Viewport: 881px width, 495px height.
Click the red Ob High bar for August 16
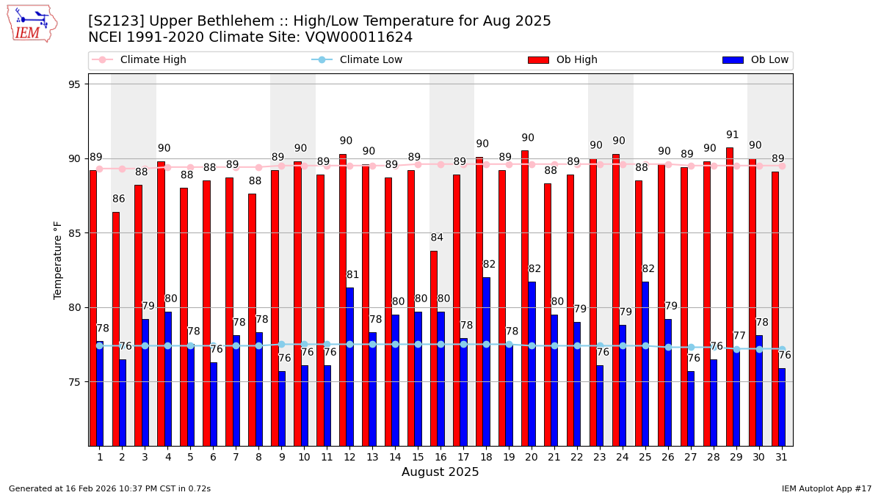[434, 348]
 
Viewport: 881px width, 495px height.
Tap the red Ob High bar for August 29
[730, 296]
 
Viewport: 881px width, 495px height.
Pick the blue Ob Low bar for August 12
[349, 367]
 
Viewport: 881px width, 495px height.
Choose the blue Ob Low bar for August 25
[645, 364]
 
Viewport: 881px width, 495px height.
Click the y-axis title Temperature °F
[58, 260]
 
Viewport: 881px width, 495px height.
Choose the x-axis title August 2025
[440, 473]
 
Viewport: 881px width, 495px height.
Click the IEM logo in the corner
[32, 23]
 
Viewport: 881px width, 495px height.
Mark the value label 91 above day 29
[733, 135]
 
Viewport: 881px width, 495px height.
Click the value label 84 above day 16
[437, 238]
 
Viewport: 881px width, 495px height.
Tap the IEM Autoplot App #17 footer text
[826, 488]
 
